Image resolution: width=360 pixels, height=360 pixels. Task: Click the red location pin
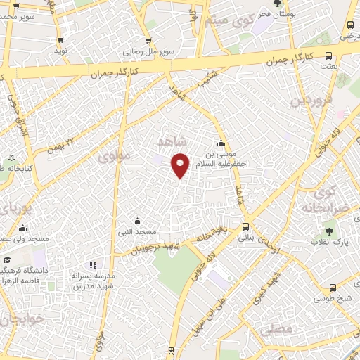181,165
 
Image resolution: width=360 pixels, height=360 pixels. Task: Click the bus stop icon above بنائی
245,226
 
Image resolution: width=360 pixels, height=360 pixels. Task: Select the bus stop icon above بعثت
328,57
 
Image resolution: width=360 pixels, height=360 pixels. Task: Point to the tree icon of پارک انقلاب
328,230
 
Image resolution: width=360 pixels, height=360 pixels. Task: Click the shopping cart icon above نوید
60,40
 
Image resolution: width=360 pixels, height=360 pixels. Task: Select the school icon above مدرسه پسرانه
93,264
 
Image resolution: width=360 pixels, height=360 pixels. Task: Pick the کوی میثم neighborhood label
224,20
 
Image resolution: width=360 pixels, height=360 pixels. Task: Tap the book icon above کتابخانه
11,157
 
